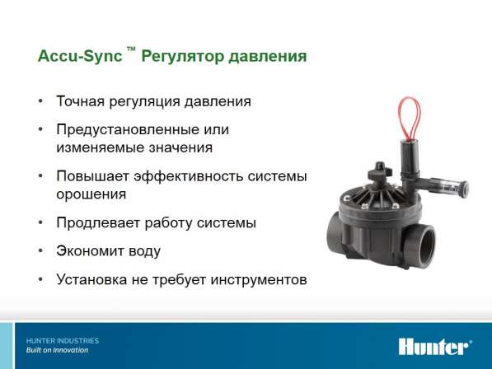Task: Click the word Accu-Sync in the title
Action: tap(80, 57)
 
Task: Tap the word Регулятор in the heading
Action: tap(182, 57)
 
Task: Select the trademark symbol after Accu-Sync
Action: tap(131, 49)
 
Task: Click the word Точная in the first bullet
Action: tap(80, 101)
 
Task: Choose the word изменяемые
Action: tap(100, 147)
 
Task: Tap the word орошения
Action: tap(91, 194)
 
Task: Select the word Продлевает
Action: tap(98, 223)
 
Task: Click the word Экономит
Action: tap(88, 251)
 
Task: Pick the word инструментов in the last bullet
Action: tap(259, 280)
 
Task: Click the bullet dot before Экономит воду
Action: tap(40, 251)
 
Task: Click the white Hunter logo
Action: tap(435, 347)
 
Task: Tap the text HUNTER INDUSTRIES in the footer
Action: tap(63, 341)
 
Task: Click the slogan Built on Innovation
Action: tap(57, 350)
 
